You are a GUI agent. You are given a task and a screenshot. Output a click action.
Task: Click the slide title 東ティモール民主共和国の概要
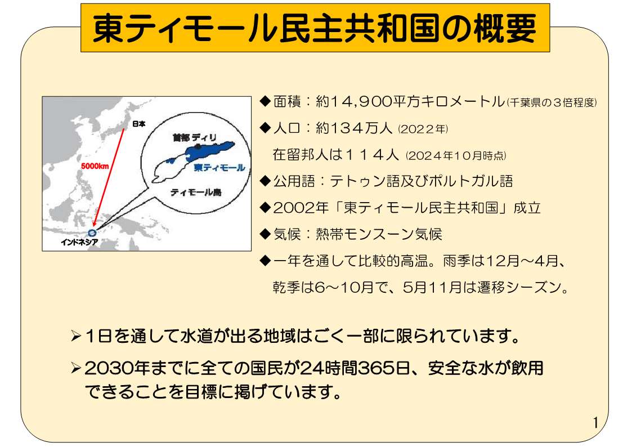[315, 28]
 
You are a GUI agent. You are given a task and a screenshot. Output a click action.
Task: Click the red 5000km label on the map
[95, 166]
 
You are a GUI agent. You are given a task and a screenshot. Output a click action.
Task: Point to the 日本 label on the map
[138, 124]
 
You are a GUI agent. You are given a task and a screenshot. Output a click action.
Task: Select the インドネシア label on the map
[79, 242]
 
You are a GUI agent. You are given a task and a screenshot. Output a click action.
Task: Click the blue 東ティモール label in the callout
[219, 167]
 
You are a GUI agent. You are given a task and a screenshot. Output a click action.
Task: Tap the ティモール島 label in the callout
[196, 193]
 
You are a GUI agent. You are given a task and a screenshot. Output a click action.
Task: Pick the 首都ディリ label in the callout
[195, 138]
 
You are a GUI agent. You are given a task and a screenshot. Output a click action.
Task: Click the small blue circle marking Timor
[92, 233]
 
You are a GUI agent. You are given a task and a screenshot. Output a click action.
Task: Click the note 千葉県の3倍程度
[552, 103]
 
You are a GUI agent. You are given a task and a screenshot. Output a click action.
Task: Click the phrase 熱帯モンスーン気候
[379, 234]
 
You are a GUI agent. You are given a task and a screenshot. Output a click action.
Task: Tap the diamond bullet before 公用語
[265, 181]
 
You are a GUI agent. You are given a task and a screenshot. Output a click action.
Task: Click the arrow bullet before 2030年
[76, 368]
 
